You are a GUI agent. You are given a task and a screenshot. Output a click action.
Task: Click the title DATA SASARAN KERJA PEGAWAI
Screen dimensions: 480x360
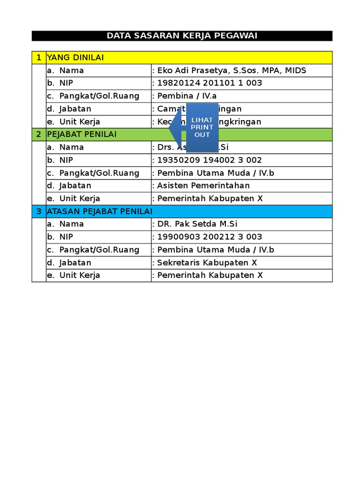182,36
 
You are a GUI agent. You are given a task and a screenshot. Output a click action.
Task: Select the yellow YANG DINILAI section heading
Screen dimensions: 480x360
75,58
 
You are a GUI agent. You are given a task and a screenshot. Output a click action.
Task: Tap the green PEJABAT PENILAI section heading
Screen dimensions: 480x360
82,135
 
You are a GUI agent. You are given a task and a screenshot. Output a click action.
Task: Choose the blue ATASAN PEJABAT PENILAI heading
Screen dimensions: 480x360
99,211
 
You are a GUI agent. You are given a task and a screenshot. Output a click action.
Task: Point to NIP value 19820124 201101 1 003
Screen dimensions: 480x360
210,83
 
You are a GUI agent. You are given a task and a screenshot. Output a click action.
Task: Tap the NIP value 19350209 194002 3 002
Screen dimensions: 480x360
210,160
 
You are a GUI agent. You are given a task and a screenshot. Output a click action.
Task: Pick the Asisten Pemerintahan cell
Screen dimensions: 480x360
203,186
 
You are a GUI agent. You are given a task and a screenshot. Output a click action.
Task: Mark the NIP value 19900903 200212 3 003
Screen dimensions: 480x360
210,237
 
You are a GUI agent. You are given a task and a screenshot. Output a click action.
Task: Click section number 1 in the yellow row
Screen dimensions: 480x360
38,58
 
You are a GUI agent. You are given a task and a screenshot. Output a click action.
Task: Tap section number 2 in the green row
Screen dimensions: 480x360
38,135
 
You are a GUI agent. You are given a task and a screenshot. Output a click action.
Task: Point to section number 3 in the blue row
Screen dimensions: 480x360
38,211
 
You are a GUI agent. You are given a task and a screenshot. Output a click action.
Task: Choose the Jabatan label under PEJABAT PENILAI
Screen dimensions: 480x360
75,186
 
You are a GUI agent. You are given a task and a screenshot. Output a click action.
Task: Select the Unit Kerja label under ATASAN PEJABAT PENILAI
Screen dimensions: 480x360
79,275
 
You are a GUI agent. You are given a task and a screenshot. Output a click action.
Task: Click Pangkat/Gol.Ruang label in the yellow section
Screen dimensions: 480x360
99,96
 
